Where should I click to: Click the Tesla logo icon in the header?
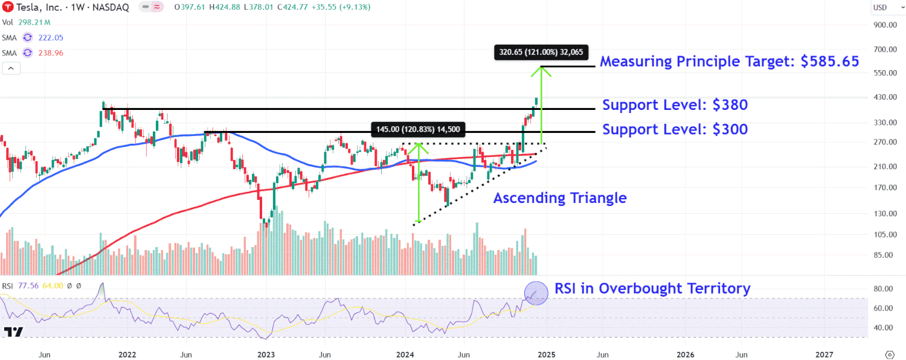point(8,7)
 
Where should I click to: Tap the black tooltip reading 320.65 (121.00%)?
point(541,52)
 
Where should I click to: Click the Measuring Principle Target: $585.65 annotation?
point(729,62)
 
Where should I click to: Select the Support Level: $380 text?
point(675,105)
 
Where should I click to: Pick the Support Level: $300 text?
point(675,129)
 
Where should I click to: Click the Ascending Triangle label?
point(560,198)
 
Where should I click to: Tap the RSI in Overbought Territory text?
point(652,289)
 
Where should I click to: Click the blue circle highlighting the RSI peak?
point(535,292)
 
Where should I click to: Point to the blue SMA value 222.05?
point(51,37)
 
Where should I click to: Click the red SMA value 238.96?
point(51,53)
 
